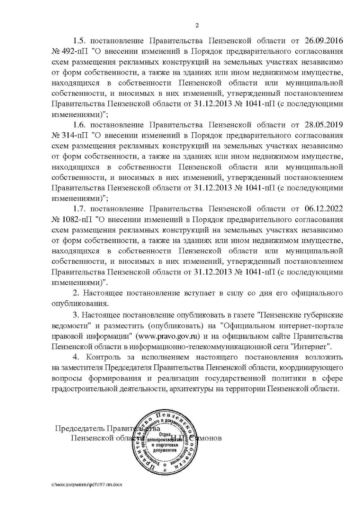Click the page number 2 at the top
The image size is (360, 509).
197,25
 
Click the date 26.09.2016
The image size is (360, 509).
324,40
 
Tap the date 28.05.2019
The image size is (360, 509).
324,124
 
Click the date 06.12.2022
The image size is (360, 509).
324,208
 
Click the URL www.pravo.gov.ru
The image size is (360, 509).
168,336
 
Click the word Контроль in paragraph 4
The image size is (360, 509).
103,357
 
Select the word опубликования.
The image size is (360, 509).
79,304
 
